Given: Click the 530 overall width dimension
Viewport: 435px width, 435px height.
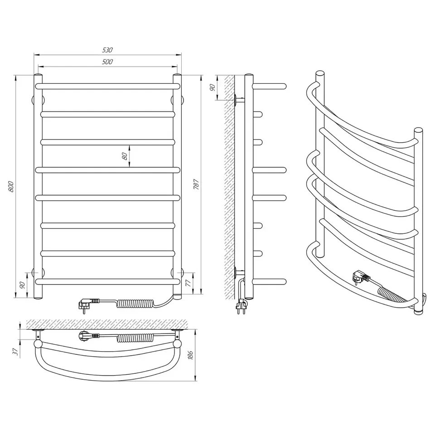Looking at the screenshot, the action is pyautogui.click(x=107, y=50).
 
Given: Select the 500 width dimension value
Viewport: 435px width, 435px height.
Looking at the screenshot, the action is pyautogui.click(x=107, y=62).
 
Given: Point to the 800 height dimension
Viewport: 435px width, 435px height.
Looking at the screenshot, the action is pyautogui.click(x=11, y=187).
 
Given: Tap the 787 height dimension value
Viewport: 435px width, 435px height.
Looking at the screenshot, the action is pyautogui.click(x=196, y=184).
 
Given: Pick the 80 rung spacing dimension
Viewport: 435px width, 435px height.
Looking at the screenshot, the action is pyautogui.click(x=125, y=156).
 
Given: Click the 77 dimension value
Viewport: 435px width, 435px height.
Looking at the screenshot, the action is pyautogui.click(x=188, y=283).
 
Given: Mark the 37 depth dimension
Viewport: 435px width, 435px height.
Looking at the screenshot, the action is pyautogui.click(x=15, y=352).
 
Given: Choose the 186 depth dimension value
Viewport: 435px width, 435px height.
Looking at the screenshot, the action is pyautogui.click(x=190, y=355).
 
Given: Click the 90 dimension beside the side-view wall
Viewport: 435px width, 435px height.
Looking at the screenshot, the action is pyautogui.click(x=212, y=87).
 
